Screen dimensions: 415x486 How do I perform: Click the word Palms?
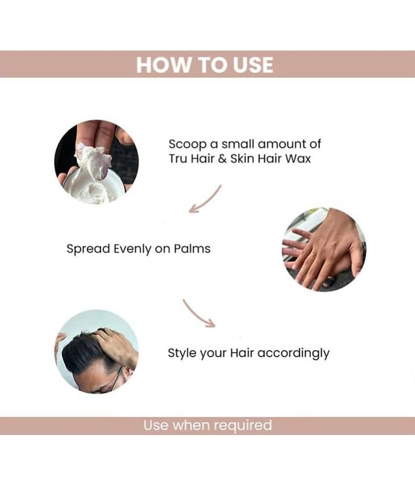pyautogui.click(x=192, y=248)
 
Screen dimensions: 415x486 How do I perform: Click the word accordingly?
pyautogui.click(x=293, y=354)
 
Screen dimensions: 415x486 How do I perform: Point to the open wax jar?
pyautogui.click(x=94, y=188)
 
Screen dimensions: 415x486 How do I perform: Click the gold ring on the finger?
pyautogui.click(x=314, y=256)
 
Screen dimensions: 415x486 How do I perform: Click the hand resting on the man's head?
pyautogui.click(x=118, y=344)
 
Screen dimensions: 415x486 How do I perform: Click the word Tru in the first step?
pyautogui.click(x=178, y=159)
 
